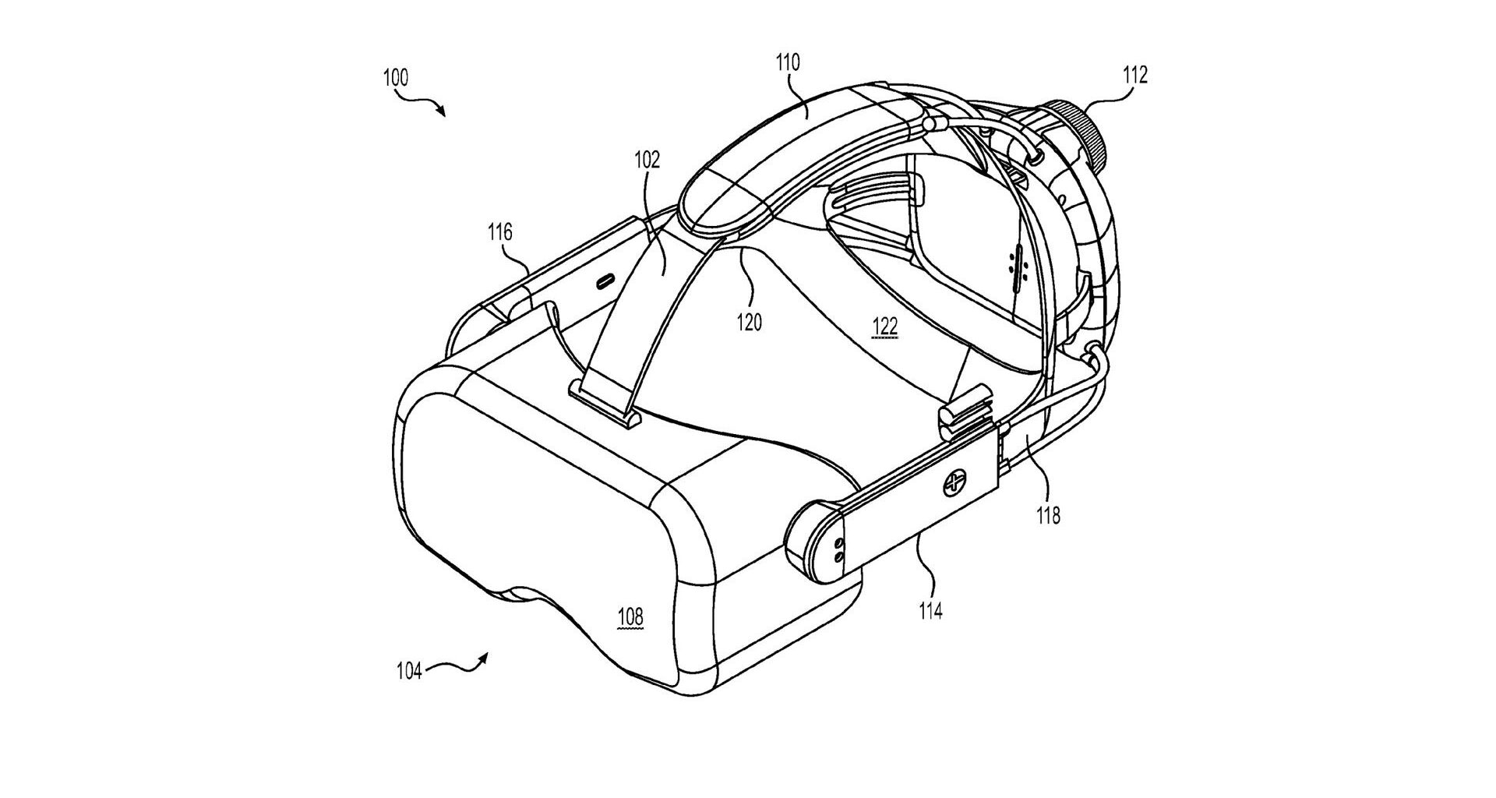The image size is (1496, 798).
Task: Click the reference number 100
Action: tap(396, 78)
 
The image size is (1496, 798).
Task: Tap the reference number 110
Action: tap(788, 63)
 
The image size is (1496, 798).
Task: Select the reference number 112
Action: tap(1134, 76)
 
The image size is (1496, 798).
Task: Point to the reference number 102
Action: tap(647, 161)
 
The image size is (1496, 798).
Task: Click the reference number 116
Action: tap(499, 232)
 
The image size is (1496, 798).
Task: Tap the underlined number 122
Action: tap(884, 328)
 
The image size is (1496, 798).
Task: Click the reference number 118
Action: tap(1049, 515)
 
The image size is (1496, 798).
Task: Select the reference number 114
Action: tap(930, 611)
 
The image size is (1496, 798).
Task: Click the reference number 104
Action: tap(408, 671)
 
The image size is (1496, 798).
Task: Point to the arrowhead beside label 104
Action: tap(484, 659)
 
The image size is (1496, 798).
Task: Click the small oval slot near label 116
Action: tap(604, 281)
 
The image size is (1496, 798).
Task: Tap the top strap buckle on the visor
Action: tap(606, 402)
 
